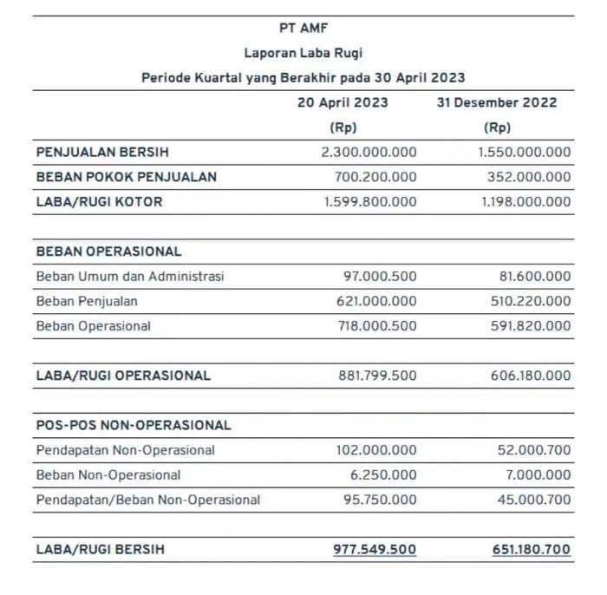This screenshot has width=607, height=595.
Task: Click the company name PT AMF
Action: coord(303,28)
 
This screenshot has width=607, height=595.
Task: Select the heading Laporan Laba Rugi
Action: coord(303,53)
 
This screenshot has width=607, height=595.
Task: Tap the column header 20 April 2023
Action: coord(343,102)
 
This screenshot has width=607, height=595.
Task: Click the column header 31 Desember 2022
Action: coord(497,102)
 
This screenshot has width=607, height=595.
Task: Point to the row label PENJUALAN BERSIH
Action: coord(97,152)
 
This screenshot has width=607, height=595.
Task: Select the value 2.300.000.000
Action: coord(369,152)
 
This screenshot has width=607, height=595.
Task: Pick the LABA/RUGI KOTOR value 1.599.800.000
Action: coord(369,202)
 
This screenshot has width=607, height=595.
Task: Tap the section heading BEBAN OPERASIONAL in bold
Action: coord(108,252)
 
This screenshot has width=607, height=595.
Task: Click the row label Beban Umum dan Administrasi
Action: coord(130,277)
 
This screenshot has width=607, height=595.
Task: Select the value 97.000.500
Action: coord(380,277)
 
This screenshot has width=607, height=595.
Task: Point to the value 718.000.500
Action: coord(376,327)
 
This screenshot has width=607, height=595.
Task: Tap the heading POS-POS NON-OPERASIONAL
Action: coord(134,426)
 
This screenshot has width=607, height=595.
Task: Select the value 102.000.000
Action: coord(376,451)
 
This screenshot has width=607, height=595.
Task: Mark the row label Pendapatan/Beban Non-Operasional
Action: coord(148,500)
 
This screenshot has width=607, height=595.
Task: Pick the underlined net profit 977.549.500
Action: coord(375,550)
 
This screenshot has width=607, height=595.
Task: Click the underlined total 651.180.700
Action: coord(525,550)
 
